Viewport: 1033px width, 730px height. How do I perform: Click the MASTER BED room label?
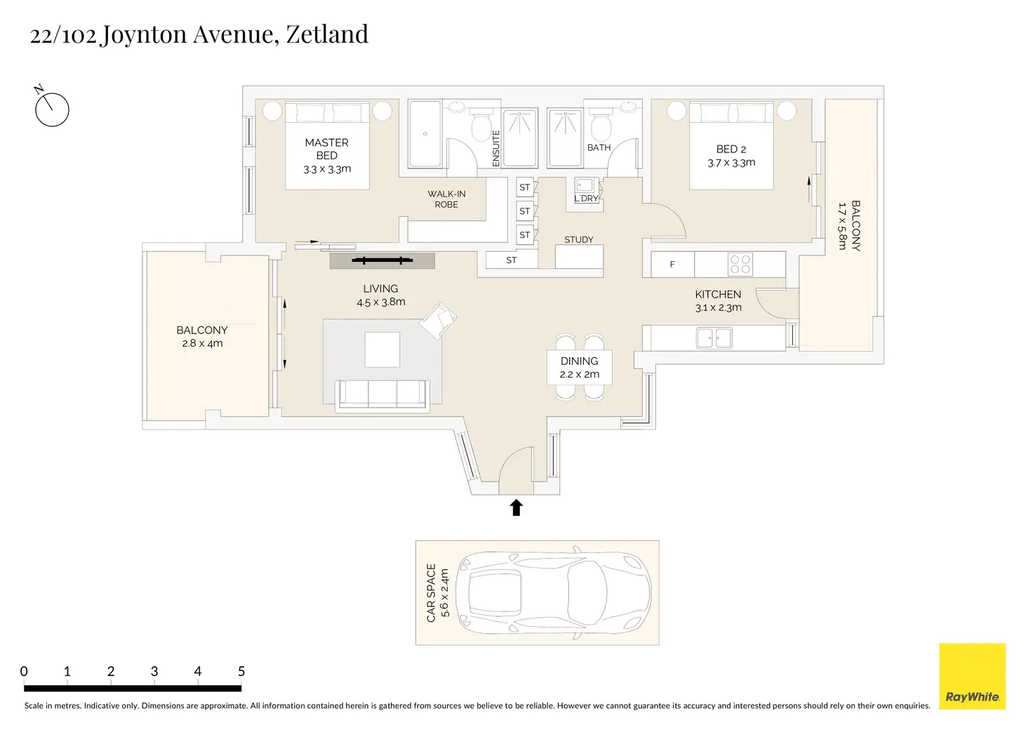tap(326, 149)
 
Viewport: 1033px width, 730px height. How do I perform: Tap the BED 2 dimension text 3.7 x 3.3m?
tap(731, 163)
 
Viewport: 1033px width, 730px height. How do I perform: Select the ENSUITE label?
tap(496, 148)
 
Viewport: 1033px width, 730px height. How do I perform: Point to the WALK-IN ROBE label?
tap(446, 199)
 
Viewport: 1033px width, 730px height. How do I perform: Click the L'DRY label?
tap(586, 199)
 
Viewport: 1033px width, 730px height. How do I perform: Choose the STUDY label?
tap(579, 239)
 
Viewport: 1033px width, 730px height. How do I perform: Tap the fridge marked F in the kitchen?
tap(672, 265)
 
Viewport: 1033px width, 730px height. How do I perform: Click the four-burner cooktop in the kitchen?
tap(740, 264)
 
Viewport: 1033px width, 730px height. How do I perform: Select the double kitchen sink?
tap(714, 338)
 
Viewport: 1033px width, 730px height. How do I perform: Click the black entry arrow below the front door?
tap(516, 507)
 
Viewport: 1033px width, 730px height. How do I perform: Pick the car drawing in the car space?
tap(553, 592)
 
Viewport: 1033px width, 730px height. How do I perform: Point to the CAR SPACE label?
tap(432, 592)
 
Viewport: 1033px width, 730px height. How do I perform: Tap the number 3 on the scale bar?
tap(154, 672)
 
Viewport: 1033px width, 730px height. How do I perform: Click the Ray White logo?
tap(972, 677)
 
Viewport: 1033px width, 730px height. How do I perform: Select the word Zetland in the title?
tap(327, 34)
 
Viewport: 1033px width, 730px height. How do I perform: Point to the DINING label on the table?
tap(579, 361)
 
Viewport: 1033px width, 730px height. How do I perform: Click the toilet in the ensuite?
tap(482, 128)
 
